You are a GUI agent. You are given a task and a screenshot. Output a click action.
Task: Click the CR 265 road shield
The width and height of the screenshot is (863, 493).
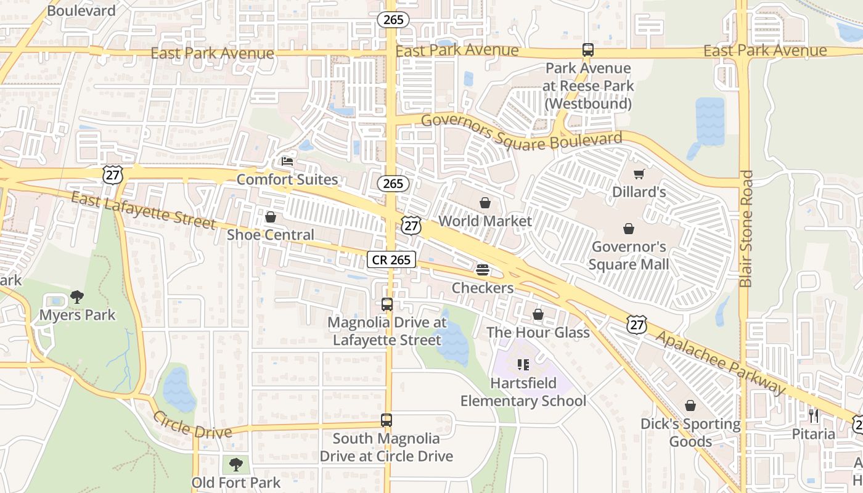(x=391, y=259)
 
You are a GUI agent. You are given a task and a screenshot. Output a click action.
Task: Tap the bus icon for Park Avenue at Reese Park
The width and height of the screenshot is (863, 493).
(x=588, y=50)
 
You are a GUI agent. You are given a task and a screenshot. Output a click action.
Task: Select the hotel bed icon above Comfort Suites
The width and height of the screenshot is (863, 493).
(x=287, y=161)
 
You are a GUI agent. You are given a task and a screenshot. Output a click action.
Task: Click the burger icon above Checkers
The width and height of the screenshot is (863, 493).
(x=483, y=270)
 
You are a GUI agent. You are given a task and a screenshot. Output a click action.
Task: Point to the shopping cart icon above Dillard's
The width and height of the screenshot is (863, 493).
(x=639, y=174)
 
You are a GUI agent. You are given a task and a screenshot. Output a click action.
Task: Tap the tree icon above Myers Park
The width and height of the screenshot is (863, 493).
(x=77, y=297)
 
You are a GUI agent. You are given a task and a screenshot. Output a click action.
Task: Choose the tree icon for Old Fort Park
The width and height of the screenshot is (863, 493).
(x=235, y=464)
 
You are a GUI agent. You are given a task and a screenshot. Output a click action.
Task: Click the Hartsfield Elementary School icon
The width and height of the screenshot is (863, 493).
(x=523, y=365)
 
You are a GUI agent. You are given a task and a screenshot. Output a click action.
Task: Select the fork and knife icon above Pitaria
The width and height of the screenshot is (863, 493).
(x=814, y=416)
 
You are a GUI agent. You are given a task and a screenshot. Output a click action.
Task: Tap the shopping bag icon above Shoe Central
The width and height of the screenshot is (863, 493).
(x=270, y=217)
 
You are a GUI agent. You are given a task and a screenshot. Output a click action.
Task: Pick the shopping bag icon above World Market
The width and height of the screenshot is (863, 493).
(x=485, y=203)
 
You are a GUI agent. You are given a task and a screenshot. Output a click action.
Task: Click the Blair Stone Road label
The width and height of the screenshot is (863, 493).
(x=746, y=229)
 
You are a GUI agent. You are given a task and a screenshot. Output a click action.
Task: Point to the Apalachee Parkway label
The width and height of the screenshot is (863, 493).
(x=721, y=362)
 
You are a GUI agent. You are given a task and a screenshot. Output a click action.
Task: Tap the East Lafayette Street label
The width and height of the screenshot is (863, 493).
(x=143, y=210)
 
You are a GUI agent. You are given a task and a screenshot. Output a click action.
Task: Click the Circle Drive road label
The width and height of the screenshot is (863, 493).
(x=192, y=425)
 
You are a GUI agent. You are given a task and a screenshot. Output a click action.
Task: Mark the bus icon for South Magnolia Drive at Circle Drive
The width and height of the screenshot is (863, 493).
(x=387, y=420)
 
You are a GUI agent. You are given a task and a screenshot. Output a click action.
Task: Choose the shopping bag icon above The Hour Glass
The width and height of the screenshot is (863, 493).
(x=538, y=314)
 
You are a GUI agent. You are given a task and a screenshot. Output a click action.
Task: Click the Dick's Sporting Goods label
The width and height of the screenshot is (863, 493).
(x=690, y=433)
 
